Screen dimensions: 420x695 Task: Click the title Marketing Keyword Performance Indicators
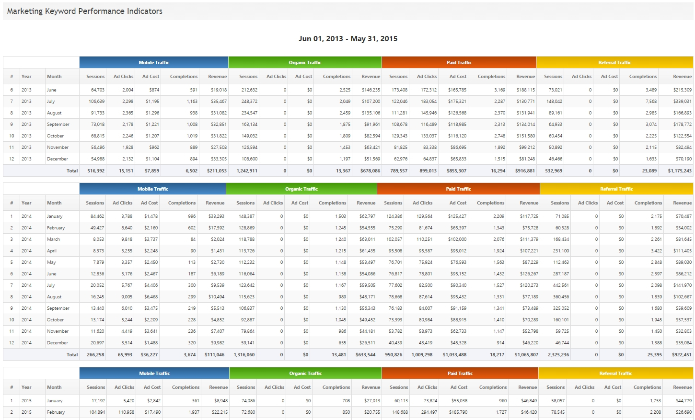point(85,11)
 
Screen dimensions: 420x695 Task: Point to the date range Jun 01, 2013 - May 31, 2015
point(347,39)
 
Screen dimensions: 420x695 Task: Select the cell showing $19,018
point(219,90)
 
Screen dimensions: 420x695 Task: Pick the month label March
point(53,239)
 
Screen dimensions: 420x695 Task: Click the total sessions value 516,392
point(96,171)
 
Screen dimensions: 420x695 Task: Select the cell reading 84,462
point(97,216)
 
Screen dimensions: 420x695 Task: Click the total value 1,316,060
point(244,355)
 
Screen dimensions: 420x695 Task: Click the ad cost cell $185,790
point(458,412)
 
